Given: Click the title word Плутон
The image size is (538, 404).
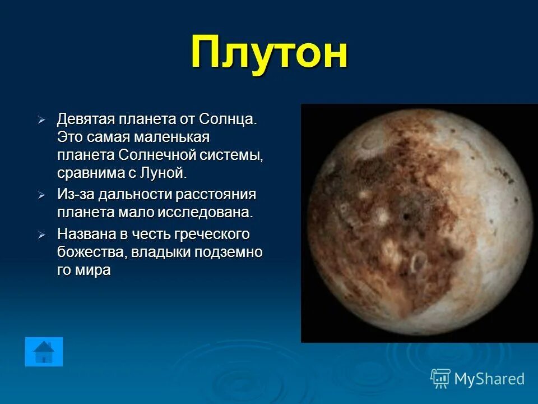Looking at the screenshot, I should pos(269,52).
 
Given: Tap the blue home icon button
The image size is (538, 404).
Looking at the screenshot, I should pos(44,352).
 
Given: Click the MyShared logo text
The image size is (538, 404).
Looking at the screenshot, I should pos(489,379).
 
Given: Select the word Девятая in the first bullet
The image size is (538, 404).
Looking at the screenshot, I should pos(86,119).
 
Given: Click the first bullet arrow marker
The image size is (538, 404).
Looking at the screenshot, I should pos(41,120).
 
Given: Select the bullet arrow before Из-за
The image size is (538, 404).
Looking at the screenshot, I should pos(41,195).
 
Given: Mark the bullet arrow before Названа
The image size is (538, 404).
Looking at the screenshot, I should pos(41,235).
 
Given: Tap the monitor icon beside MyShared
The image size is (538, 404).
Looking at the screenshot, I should pos(440,379).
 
